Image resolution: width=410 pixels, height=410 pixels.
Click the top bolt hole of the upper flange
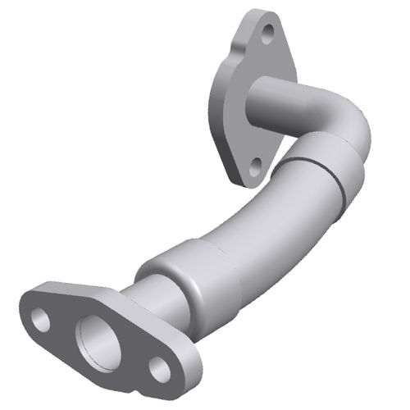coord(265,34)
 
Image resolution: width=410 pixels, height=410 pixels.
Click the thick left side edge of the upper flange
coord(220,107)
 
